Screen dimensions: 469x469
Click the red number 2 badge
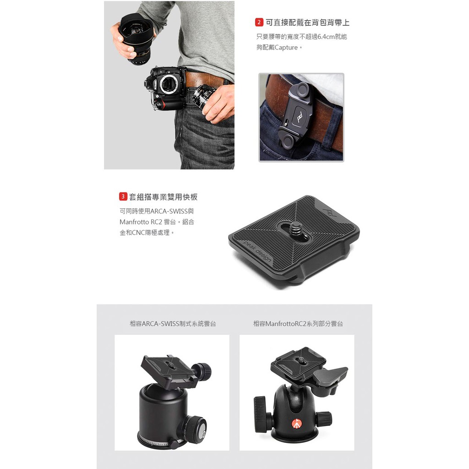pos(259,22)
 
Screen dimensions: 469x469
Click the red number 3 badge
pos(123,196)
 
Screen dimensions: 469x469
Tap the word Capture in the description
pos(286,48)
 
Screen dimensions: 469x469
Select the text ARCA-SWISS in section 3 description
pos(169,211)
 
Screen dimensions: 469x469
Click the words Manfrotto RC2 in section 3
pos(141,222)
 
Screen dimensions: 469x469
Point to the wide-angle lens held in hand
pos(136,38)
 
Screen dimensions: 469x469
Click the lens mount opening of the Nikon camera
pos(169,84)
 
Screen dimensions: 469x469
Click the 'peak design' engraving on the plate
pos(257,251)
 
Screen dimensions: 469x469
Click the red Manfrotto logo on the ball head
pos(296,423)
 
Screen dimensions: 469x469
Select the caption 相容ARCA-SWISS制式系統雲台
pos(173,324)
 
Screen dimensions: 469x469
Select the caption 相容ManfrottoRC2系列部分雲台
pos(298,324)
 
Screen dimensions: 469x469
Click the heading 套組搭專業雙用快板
pos(164,197)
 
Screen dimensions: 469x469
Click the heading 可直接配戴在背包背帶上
pos(307,22)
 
